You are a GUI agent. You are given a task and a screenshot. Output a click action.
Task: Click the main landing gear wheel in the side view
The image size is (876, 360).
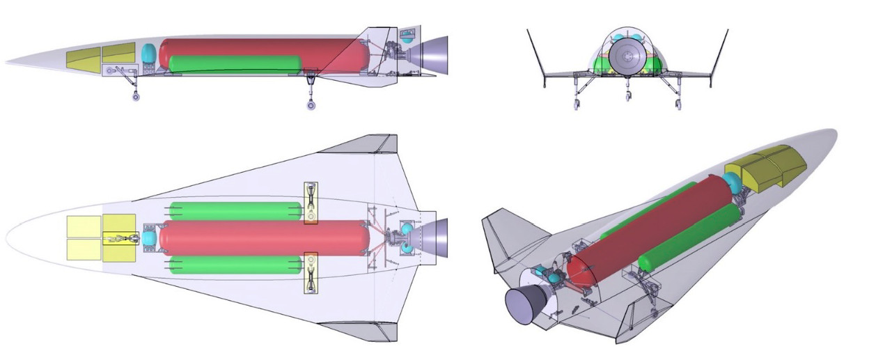[x=311, y=105]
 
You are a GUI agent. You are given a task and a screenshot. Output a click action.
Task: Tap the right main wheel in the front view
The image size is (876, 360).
[x=679, y=105]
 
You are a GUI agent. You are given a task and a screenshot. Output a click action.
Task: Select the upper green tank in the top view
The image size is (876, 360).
[x=235, y=210]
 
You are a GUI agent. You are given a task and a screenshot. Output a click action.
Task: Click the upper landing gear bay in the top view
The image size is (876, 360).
[x=311, y=203]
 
